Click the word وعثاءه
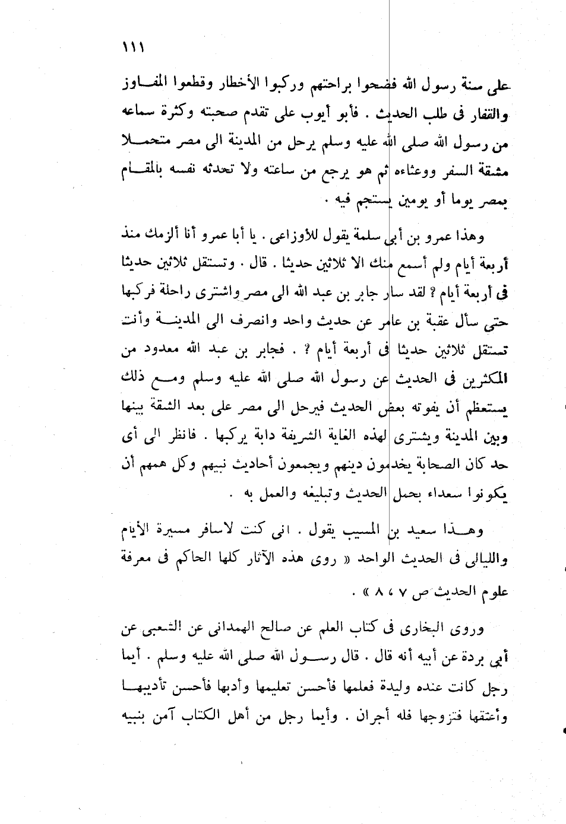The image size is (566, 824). point(403,174)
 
